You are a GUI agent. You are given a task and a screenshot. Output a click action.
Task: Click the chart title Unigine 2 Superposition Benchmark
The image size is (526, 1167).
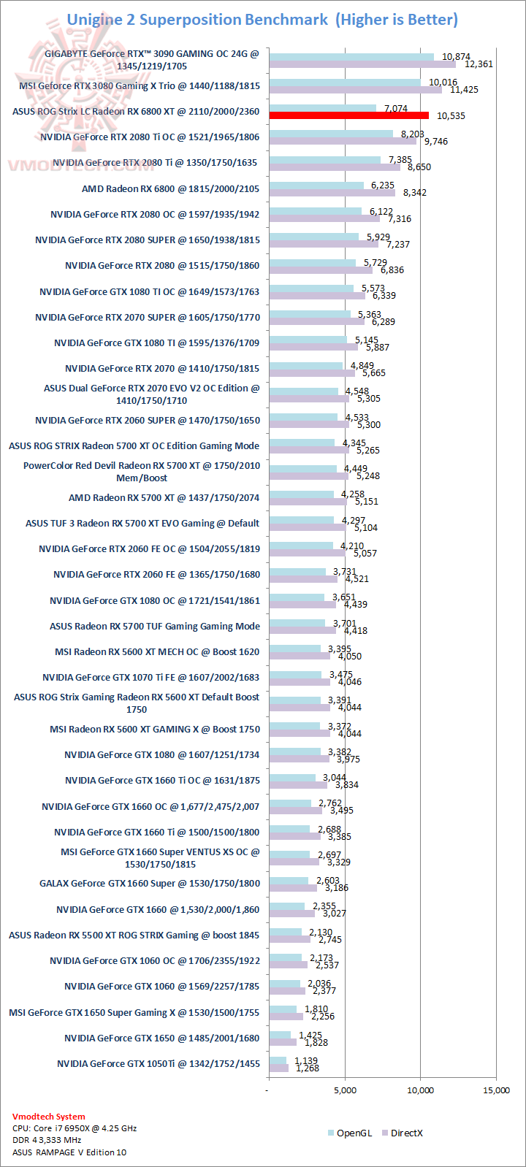tap(197, 20)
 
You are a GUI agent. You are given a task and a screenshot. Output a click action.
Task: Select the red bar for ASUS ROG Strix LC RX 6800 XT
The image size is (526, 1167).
tap(348, 115)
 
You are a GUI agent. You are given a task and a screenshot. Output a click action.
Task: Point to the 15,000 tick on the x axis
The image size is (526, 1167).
tap(497, 1090)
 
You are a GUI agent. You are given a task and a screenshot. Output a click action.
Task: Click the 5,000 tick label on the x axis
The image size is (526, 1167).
tap(345, 1090)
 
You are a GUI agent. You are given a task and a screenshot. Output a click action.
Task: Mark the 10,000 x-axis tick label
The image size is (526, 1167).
tap(421, 1090)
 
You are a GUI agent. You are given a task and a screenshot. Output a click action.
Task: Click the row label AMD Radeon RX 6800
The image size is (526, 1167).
tap(170, 189)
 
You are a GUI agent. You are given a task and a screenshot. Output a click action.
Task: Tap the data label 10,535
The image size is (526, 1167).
tap(451, 116)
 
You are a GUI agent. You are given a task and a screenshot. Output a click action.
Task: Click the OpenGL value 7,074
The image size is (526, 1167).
tap(395, 109)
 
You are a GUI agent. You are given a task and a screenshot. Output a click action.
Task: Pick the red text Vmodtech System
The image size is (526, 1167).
tap(48, 1117)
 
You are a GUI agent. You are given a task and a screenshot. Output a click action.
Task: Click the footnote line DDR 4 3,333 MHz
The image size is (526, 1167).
tap(47, 1140)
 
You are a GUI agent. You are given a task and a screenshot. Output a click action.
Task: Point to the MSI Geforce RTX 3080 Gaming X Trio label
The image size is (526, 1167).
tap(140, 86)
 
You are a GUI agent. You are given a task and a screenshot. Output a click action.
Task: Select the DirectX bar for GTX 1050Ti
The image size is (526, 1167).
tap(278, 1068)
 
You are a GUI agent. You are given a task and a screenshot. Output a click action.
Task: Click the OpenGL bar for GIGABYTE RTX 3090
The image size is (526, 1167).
tap(351, 56)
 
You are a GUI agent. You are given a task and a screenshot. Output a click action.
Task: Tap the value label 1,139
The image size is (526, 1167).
tap(306, 1061)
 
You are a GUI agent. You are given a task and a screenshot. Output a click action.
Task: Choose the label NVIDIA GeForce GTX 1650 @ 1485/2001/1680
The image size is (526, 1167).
tap(161, 1038)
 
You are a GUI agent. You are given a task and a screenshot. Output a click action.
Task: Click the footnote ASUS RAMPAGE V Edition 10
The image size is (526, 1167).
tap(69, 1152)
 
